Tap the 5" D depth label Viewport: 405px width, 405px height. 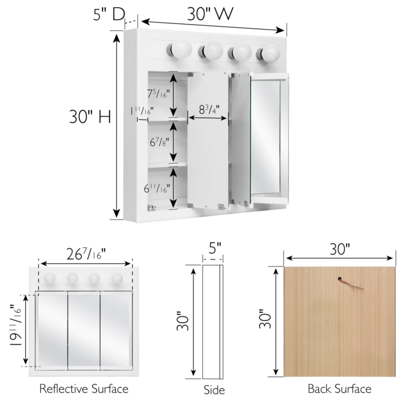click(109, 14)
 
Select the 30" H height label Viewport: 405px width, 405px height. click(90, 117)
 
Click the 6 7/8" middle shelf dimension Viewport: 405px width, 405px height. click(159, 142)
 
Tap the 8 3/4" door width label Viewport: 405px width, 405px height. click(209, 110)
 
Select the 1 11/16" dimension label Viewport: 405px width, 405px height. click(142, 111)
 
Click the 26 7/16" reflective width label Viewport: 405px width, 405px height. click(86, 254)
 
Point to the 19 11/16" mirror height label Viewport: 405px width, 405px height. click(15, 325)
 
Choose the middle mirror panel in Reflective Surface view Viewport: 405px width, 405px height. click(84, 330)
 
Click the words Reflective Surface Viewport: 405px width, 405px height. click(84, 388)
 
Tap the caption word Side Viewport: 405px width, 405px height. click(214, 390)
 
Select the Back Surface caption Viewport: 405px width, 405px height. click(339, 388)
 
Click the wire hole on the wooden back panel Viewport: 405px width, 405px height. click(339, 279)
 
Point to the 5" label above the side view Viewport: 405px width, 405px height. click(215, 248)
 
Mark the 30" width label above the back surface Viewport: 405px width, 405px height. click(339, 249)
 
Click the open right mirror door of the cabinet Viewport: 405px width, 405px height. click(269, 139)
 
